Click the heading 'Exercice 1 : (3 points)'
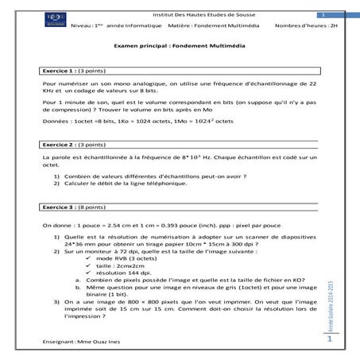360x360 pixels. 75,71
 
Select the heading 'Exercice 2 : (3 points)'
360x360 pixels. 75,145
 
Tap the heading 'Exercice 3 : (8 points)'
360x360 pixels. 75,207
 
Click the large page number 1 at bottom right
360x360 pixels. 328,339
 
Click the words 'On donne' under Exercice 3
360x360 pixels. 56,226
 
